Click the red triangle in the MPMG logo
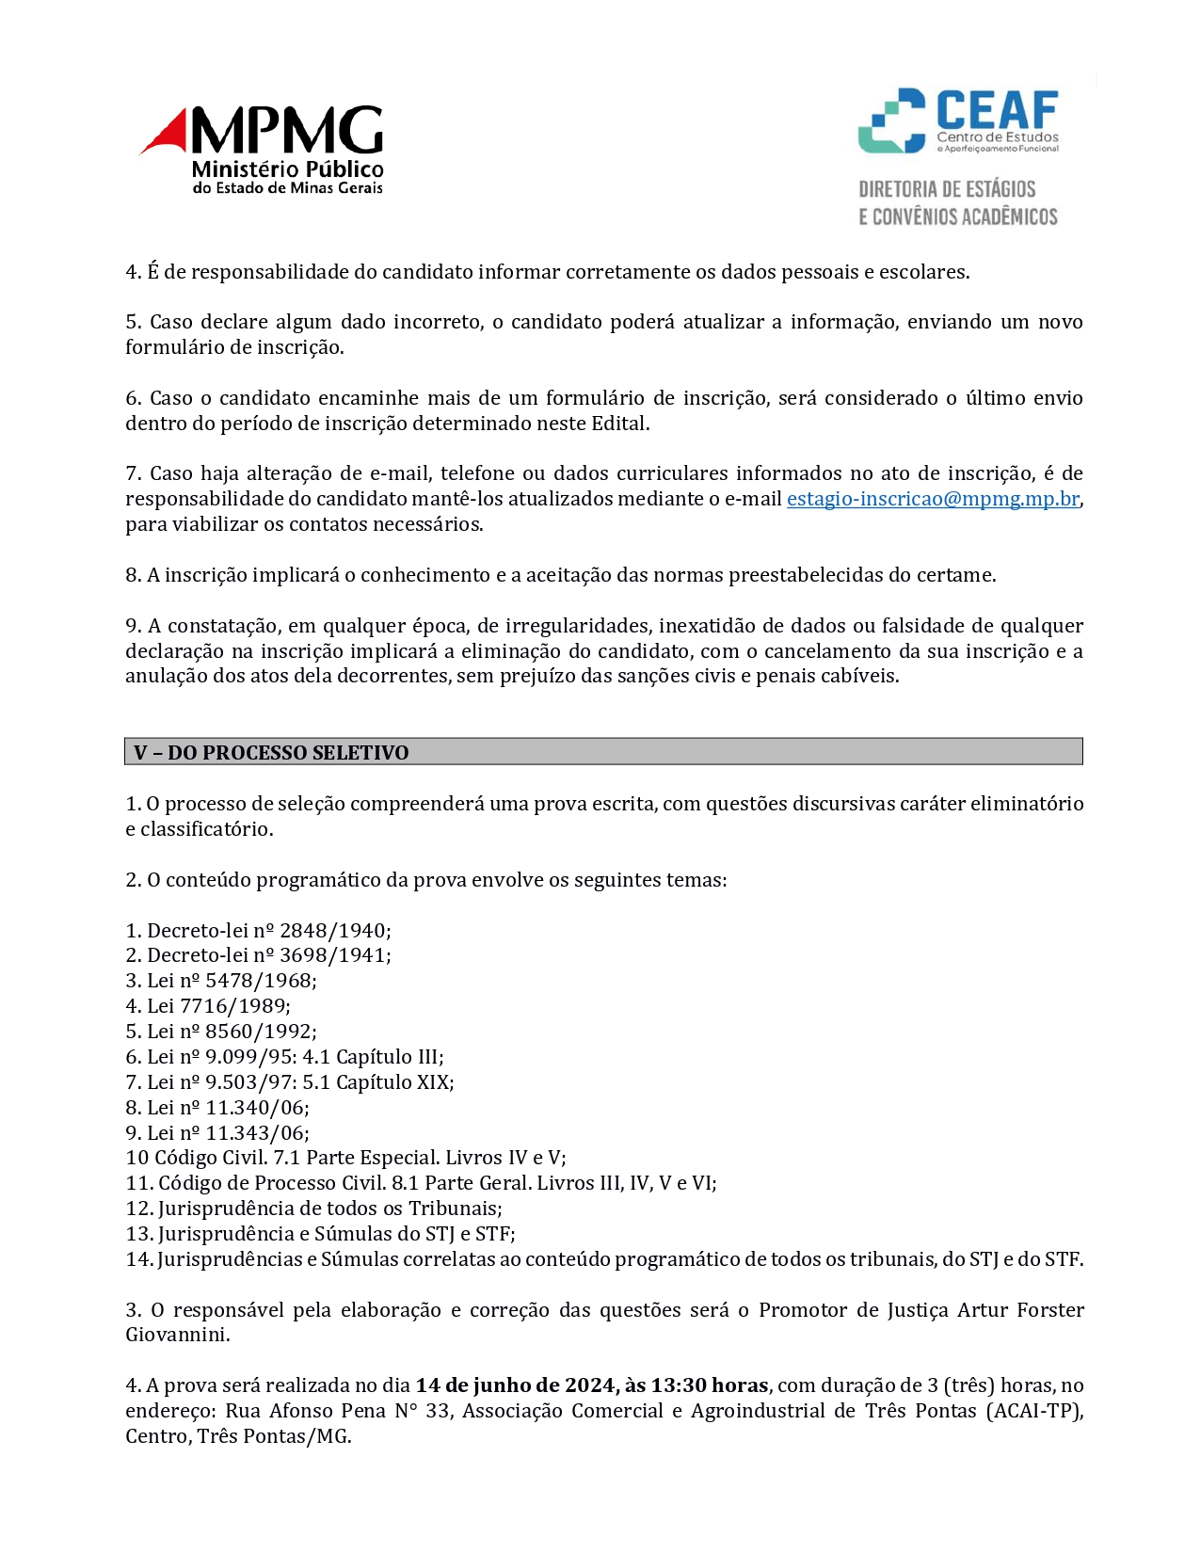168,133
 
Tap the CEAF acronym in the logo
997,110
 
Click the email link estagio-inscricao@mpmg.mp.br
933,499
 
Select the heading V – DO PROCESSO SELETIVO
271,753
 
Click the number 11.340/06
255,1108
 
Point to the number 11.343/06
255,1133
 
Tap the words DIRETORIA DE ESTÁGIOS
946,189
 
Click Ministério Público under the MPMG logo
287,169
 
